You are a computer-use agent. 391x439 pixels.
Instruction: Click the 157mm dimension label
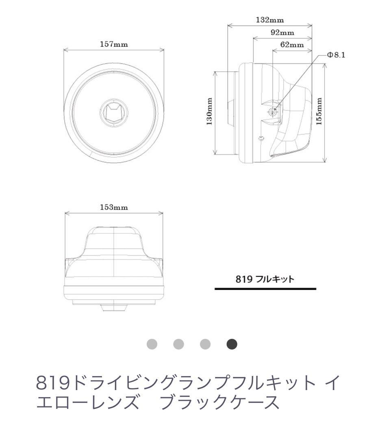(114, 44)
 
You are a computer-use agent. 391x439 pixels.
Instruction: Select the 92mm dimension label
(282, 33)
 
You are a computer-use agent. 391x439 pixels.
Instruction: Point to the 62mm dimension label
(292, 45)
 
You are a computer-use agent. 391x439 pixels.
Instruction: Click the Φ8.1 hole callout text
(336, 55)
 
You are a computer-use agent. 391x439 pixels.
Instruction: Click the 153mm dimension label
(114, 207)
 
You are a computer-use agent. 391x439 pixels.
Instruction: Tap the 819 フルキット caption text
(265, 279)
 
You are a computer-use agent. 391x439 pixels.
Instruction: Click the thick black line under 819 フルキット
(265, 289)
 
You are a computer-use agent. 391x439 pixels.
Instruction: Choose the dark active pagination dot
(232, 344)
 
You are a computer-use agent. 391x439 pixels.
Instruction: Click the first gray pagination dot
(152, 344)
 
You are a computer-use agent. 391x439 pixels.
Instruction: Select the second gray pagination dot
(179, 344)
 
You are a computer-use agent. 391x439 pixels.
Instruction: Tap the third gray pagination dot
(205, 344)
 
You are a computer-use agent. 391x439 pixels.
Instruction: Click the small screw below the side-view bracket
(261, 139)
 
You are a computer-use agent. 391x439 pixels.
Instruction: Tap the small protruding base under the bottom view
(114, 308)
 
